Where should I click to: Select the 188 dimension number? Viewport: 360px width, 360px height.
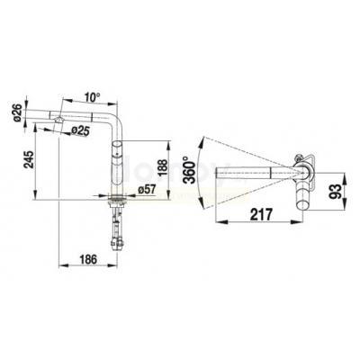coord(163,170)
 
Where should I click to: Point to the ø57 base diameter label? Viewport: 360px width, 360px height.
coord(147,190)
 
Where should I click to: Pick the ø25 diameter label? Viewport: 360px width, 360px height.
coord(81,130)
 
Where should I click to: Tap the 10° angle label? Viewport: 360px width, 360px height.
coord(92,97)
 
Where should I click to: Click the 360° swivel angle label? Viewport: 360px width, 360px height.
coord(190,170)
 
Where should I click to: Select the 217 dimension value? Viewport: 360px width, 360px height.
coord(261,215)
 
